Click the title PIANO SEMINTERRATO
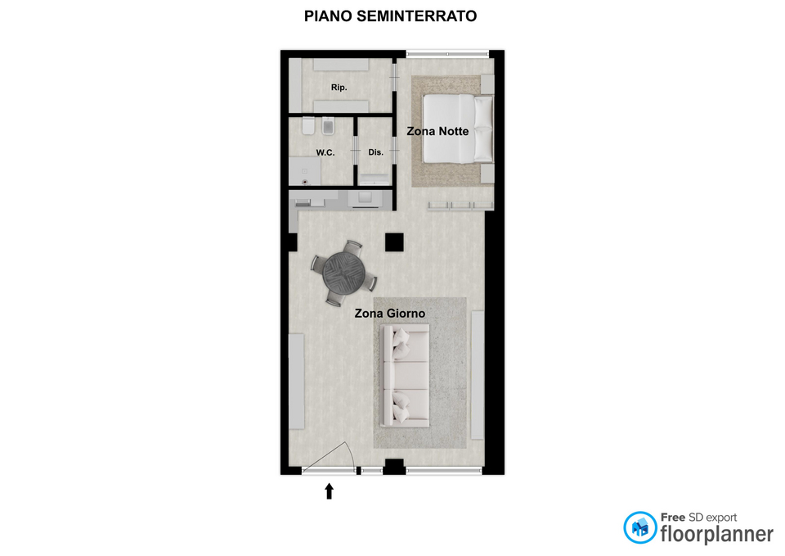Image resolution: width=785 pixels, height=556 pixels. (x=391, y=16)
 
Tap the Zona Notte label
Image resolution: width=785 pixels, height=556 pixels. (x=437, y=131)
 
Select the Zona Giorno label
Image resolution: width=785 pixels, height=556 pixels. (x=390, y=314)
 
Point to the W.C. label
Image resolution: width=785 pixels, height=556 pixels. (x=325, y=152)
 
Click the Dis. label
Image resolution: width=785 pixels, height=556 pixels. (x=376, y=152)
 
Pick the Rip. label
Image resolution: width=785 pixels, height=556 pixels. (x=339, y=88)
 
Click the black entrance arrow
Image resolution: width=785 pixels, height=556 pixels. (x=329, y=490)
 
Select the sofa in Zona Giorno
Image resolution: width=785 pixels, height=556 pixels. (x=405, y=376)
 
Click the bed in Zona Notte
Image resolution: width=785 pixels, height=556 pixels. (x=458, y=129)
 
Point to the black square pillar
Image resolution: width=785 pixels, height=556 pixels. (x=394, y=242)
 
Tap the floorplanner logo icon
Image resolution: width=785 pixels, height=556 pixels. (x=639, y=527)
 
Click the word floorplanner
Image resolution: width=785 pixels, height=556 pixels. (x=717, y=534)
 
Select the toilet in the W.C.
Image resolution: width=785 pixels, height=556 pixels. (x=308, y=126)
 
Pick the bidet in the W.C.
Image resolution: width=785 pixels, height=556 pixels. (x=329, y=126)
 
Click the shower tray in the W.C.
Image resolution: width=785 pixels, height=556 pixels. (x=305, y=171)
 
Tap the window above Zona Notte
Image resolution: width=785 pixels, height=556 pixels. (x=447, y=52)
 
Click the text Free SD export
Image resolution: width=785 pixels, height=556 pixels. (x=699, y=518)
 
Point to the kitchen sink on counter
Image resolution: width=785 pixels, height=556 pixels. (x=365, y=197)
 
